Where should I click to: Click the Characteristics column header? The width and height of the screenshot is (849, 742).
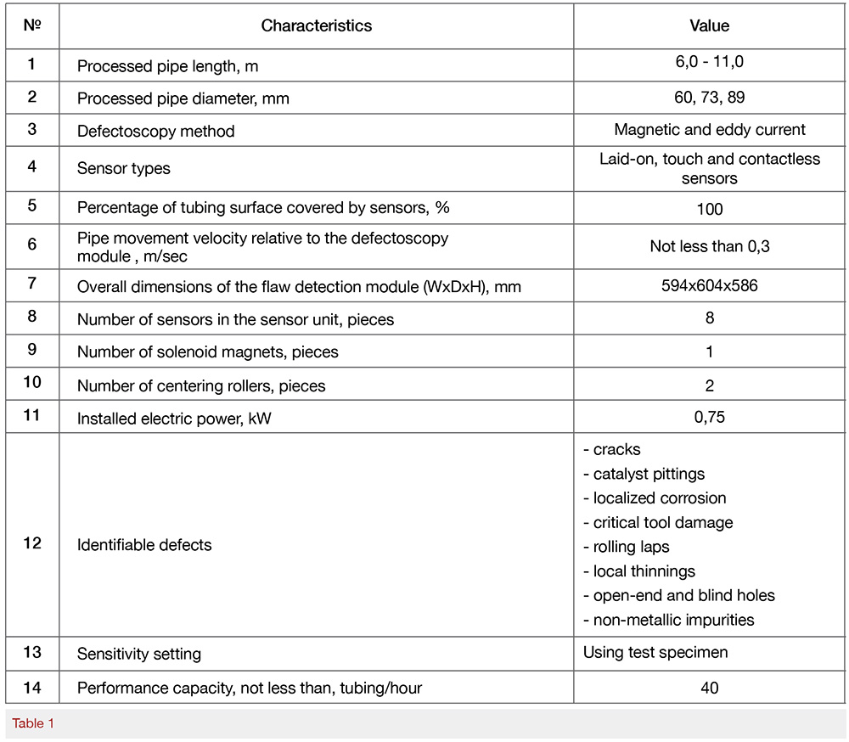pyautogui.click(x=316, y=25)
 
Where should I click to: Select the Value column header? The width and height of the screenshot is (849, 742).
pyautogui.click(x=709, y=25)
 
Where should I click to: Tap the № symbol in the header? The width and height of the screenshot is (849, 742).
pyautogui.click(x=32, y=25)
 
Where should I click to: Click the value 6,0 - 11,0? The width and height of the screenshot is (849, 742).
pyautogui.click(x=709, y=63)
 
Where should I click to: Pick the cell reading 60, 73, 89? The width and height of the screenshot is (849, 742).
pyautogui.click(x=709, y=98)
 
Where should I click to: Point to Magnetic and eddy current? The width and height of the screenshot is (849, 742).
pyautogui.click(x=709, y=130)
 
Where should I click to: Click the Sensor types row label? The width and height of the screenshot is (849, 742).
pyautogui.click(x=124, y=168)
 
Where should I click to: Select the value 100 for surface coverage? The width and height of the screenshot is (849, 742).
pyautogui.click(x=709, y=209)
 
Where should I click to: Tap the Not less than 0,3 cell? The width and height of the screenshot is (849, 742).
pyautogui.click(x=709, y=246)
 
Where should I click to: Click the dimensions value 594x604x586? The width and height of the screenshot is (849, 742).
pyautogui.click(x=709, y=285)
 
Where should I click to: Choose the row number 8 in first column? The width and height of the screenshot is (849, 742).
pyautogui.click(x=32, y=318)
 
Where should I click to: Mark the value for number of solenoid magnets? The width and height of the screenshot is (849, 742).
pyautogui.click(x=709, y=351)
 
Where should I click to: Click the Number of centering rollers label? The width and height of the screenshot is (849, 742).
pyautogui.click(x=201, y=385)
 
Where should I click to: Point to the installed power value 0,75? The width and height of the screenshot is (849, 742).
pyautogui.click(x=709, y=418)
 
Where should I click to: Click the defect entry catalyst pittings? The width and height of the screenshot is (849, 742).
pyautogui.click(x=644, y=474)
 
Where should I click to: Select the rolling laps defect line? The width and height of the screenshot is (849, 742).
pyautogui.click(x=632, y=547)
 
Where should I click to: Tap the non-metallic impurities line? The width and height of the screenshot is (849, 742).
pyautogui.click(x=669, y=620)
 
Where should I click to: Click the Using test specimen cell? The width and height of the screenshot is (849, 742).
pyautogui.click(x=656, y=654)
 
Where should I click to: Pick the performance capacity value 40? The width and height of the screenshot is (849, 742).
pyautogui.click(x=709, y=687)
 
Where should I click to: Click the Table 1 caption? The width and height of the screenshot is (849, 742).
pyautogui.click(x=33, y=723)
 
